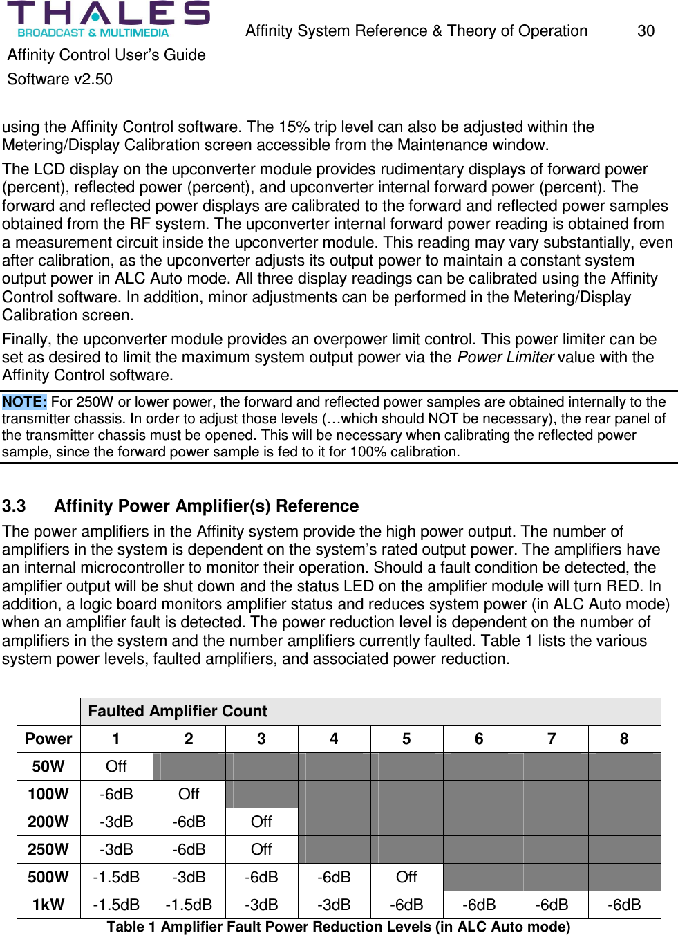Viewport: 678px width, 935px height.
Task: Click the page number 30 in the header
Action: (646, 31)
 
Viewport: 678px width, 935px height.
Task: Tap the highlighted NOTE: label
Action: (24, 402)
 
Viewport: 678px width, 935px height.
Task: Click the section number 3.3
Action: (14, 506)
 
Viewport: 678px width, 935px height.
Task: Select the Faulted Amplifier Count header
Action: (178, 712)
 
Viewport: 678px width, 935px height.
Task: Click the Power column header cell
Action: (48, 739)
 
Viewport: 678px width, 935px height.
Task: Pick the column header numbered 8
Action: (623, 739)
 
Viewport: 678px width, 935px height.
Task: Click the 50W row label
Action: (48, 767)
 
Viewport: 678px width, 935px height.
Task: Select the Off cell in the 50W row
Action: (116, 767)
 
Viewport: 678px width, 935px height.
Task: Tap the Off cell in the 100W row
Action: (189, 795)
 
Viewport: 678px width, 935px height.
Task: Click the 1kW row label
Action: (48, 905)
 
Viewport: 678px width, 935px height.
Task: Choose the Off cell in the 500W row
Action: (406, 878)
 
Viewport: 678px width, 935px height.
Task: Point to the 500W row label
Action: (48, 878)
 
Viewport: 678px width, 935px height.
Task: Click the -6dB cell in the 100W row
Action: (116, 795)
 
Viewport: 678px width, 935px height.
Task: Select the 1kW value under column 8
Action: (623, 905)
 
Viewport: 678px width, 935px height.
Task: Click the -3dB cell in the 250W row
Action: (116, 850)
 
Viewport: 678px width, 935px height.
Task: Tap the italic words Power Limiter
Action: (505, 358)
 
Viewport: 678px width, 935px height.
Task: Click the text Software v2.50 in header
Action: (60, 80)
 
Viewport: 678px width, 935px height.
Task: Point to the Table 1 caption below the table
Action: (338, 927)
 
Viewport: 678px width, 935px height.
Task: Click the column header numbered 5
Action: (406, 739)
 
